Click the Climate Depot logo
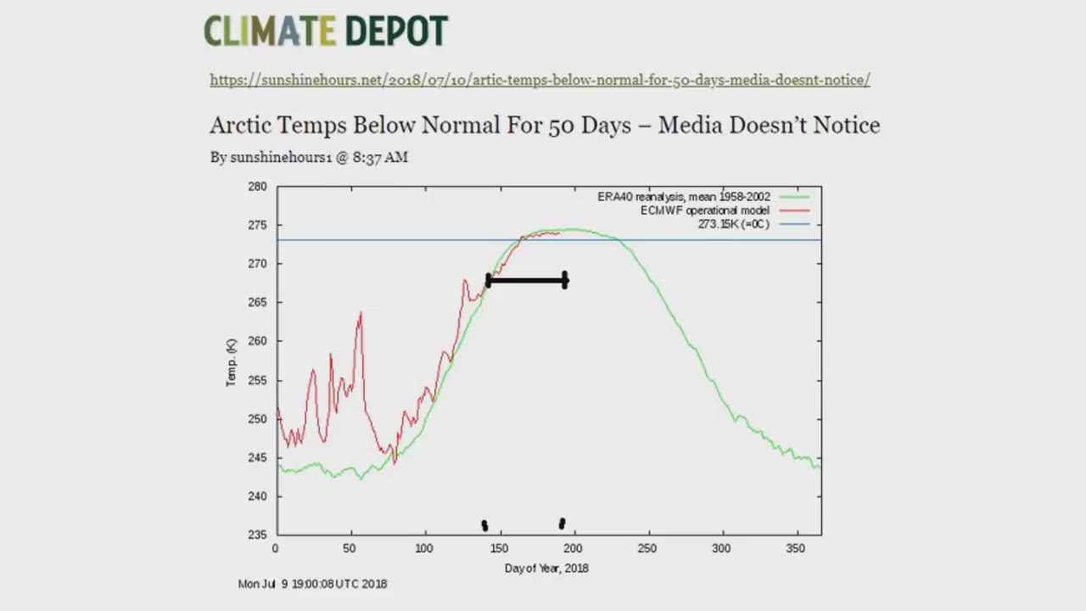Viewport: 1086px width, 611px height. click(x=326, y=31)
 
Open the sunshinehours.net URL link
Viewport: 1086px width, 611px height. click(x=540, y=80)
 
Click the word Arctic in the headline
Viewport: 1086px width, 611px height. click(x=242, y=126)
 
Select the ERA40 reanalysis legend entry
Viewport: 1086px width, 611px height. click(x=684, y=197)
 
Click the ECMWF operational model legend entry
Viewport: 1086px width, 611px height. click(x=705, y=210)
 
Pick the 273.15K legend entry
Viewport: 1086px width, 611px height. click(x=733, y=224)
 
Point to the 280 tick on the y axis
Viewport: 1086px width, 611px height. click(x=257, y=187)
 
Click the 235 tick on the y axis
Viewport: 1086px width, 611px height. click(x=257, y=535)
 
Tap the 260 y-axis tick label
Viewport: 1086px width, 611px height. click(x=257, y=341)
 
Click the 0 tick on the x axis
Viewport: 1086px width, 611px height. click(x=276, y=548)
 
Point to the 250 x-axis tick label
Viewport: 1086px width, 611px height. click(x=647, y=548)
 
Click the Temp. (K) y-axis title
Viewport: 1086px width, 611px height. click(x=231, y=363)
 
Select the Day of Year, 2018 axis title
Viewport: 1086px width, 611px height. click(x=546, y=568)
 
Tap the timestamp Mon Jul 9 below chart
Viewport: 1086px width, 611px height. click(x=312, y=584)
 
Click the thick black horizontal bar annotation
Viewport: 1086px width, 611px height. click(x=527, y=280)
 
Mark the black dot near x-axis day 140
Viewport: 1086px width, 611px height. click(x=484, y=526)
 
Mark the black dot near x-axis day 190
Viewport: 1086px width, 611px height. click(x=562, y=524)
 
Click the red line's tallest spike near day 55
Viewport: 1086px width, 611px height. click(x=361, y=314)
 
